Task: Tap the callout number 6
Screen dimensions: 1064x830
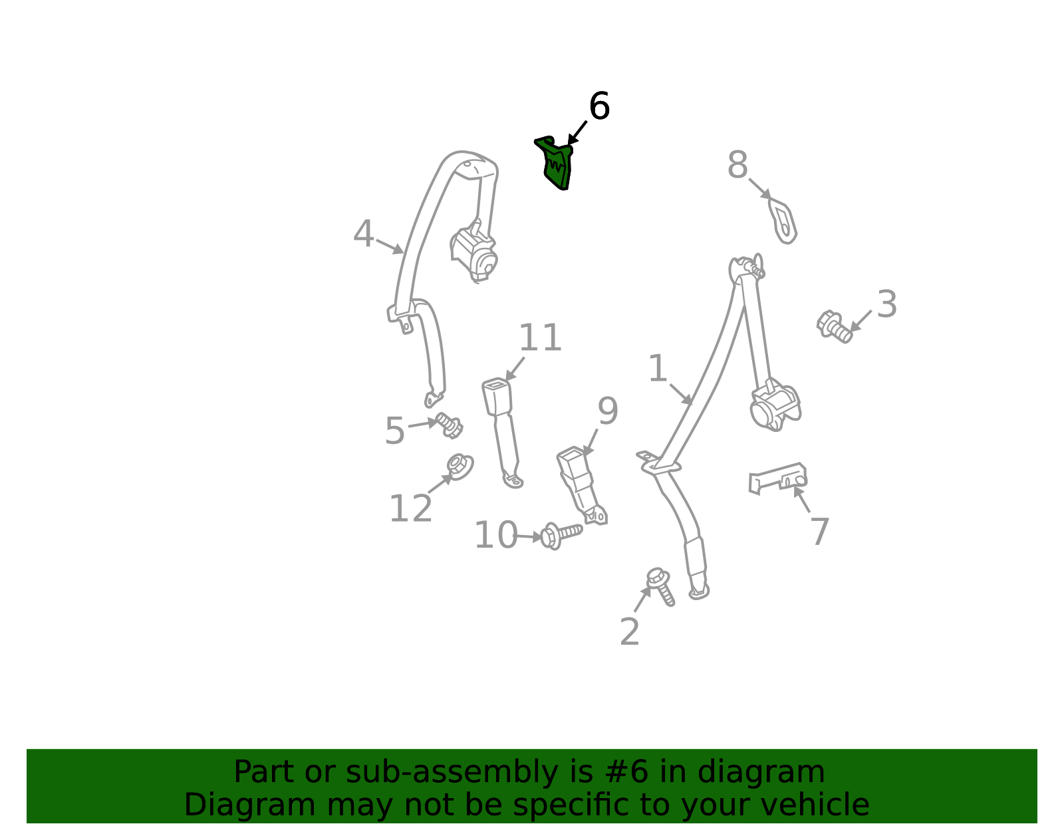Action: point(599,106)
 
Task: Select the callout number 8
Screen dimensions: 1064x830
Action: point(737,165)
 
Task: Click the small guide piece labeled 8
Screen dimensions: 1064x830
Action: point(783,221)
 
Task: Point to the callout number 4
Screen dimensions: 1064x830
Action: point(363,233)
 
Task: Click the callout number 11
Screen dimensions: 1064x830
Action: point(540,338)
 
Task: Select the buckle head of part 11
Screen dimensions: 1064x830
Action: point(497,396)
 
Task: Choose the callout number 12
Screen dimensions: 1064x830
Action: point(410,508)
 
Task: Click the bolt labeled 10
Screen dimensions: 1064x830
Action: point(561,535)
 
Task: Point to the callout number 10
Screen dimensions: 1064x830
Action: point(496,535)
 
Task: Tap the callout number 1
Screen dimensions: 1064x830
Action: point(658,368)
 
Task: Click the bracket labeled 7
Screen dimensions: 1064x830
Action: point(777,478)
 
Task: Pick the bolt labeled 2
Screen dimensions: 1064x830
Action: point(660,586)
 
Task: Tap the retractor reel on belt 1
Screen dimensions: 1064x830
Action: point(775,405)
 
